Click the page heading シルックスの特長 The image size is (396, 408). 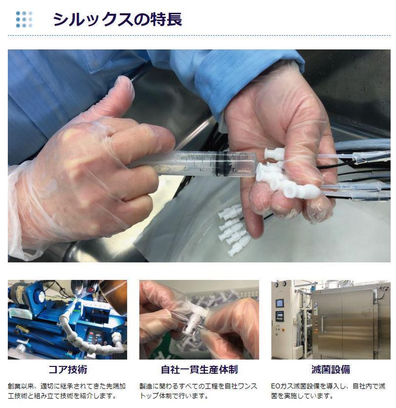tap(117, 19)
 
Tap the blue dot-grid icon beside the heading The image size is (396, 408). tap(24, 19)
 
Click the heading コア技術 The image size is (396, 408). tap(68, 369)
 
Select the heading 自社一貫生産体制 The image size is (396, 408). tap(199, 369)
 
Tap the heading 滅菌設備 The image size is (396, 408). tap(331, 369)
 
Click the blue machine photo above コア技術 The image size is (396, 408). tap(67, 319)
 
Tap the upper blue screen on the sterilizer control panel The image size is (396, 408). tap(280, 303)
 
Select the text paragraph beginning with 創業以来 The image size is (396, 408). tap(67, 391)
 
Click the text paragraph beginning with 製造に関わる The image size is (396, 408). tap(198, 391)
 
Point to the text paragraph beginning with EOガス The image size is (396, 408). tap(328, 391)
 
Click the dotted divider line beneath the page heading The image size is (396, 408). tap(199, 36)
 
